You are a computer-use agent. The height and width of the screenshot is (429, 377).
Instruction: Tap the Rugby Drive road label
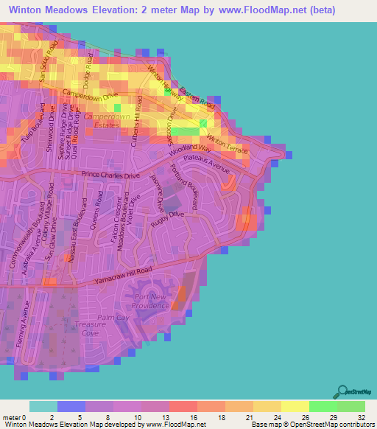166,217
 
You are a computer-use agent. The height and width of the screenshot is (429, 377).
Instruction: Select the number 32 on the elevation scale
361,416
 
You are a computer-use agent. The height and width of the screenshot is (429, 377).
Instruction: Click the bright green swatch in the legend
323,406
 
